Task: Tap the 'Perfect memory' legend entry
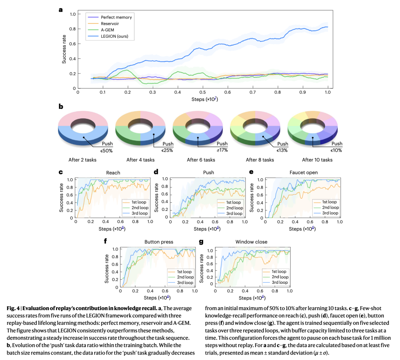tap(116, 17)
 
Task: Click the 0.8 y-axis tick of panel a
tap(73, 29)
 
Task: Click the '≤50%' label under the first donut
tap(107, 150)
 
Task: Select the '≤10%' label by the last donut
tap(336, 150)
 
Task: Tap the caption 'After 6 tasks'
tap(201, 160)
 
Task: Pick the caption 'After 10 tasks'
tap(317, 160)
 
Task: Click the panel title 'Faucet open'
tap(303, 172)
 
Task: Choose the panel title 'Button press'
tap(159, 242)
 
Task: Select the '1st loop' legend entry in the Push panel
tap(234, 202)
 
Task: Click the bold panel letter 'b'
tap(61, 106)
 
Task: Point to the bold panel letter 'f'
tap(106, 242)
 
